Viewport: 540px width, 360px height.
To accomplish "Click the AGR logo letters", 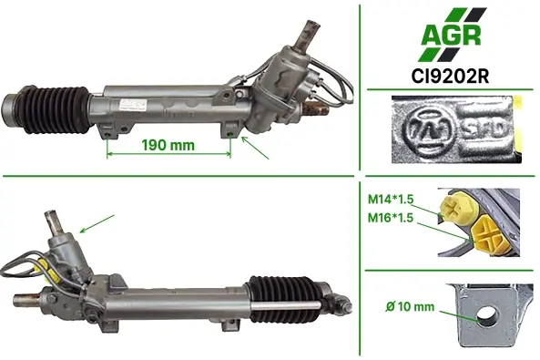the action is click(x=451, y=35).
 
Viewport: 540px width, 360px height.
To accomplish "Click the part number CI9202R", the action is click(x=450, y=77).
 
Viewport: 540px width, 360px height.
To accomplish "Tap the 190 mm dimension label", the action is click(x=168, y=145).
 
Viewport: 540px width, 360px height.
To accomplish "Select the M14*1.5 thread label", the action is click(x=391, y=200).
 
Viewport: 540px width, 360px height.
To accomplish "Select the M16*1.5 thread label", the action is click(x=391, y=218).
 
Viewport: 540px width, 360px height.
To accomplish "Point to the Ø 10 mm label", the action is click(x=410, y=306).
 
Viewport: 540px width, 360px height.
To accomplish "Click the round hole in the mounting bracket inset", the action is click(x=486, y=315).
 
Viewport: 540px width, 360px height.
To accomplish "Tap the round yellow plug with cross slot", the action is click(x=458, y=209).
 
